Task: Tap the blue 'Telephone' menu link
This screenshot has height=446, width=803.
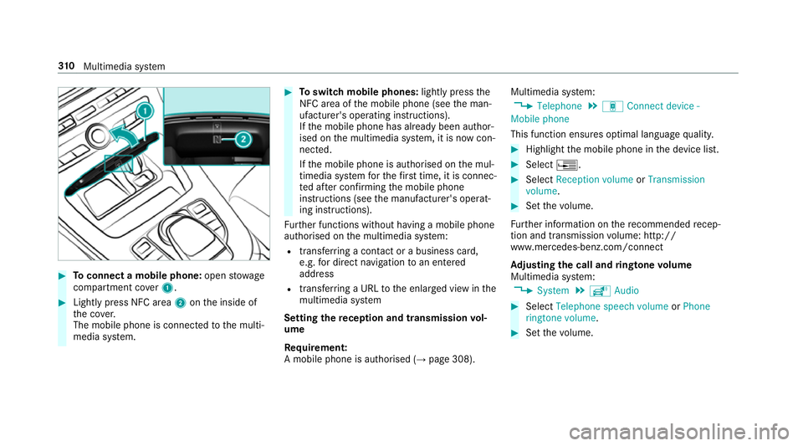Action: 560,106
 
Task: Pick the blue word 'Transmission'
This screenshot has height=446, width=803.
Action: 676,179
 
